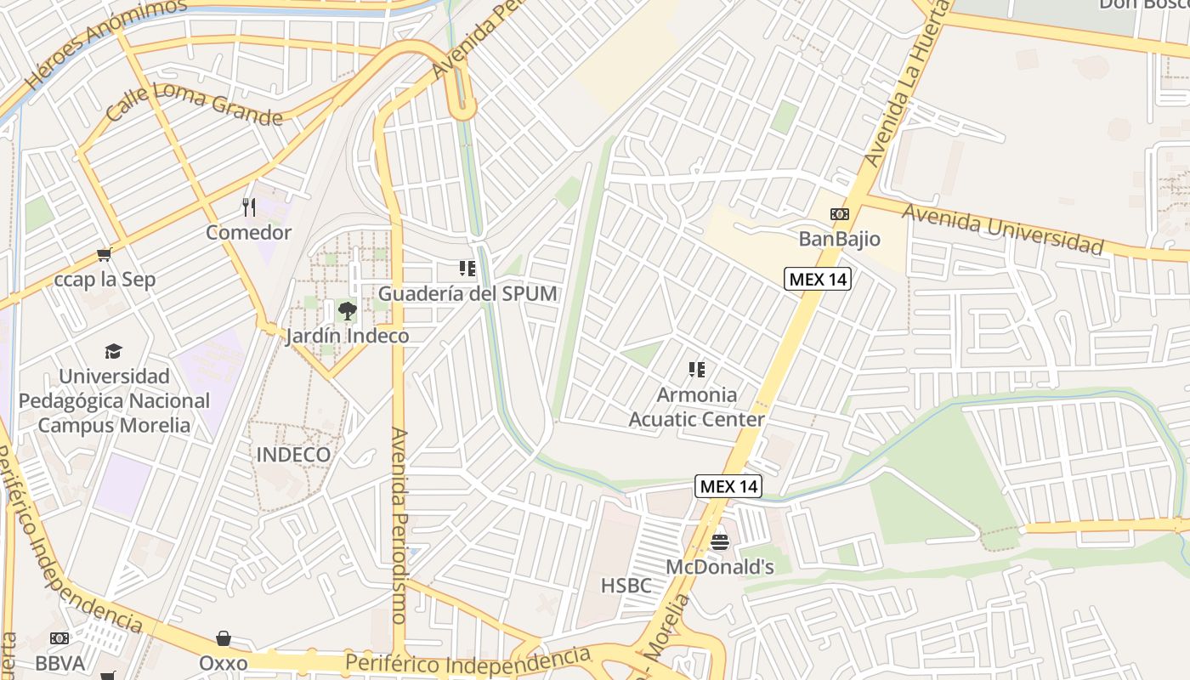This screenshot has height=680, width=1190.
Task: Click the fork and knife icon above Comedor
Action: [249, 207]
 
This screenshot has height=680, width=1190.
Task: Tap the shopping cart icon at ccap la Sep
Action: [105, 254]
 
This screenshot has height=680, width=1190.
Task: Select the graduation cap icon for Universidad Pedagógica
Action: [113, 351]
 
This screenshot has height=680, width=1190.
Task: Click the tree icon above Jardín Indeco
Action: [347, 311]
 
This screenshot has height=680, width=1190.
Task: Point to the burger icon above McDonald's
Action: [720, 541]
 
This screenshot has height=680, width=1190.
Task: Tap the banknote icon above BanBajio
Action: [839, 214]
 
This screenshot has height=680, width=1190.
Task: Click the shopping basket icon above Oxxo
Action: [224, 638]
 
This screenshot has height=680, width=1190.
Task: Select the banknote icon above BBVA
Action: [59, 638]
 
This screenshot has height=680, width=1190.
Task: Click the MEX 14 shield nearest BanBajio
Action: [817, 279]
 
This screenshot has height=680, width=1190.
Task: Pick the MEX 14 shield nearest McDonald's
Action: [728, 486]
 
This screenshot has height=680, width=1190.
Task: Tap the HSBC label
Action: [626, 586]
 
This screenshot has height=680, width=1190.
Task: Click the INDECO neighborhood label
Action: [293, 455]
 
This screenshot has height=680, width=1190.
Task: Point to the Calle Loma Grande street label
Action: [194, 104]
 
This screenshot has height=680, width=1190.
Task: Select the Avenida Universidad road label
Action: [1003, 229]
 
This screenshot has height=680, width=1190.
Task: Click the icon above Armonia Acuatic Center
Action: [697, 370]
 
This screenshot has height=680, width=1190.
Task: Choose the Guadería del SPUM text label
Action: [467, 294]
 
